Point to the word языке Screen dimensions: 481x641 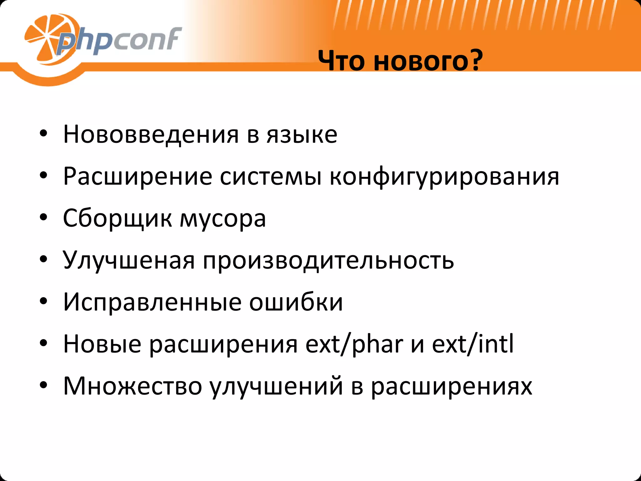click(302, 135)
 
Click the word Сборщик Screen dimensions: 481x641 click(117, 218)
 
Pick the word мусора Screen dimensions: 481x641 click(223, 218)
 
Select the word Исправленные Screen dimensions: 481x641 click(152, 302)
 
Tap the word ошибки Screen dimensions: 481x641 click(296, 302)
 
